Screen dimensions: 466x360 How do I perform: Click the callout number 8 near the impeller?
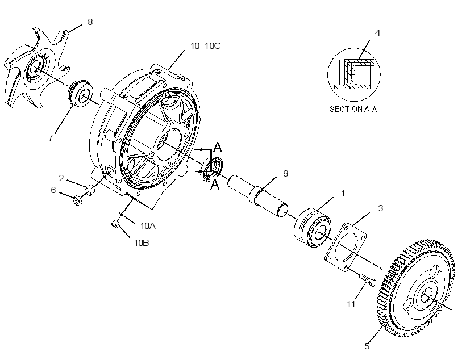(x=90, y=22)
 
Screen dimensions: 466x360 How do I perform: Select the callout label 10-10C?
(x=205, y=46)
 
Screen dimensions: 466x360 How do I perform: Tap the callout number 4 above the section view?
(x=377, y=33)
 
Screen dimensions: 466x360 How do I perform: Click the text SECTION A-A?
(x=353, y=110)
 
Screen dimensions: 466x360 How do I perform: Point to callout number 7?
(x=51, y=137)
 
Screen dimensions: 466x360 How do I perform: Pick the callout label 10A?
(x=148, y=226)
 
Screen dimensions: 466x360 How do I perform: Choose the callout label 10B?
(x=142, y=243)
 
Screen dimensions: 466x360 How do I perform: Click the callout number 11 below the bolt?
(x=351, y=304)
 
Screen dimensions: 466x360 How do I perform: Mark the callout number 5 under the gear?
(x=367, y=346)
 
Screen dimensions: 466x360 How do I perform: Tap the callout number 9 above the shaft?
(x=286, y=173)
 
